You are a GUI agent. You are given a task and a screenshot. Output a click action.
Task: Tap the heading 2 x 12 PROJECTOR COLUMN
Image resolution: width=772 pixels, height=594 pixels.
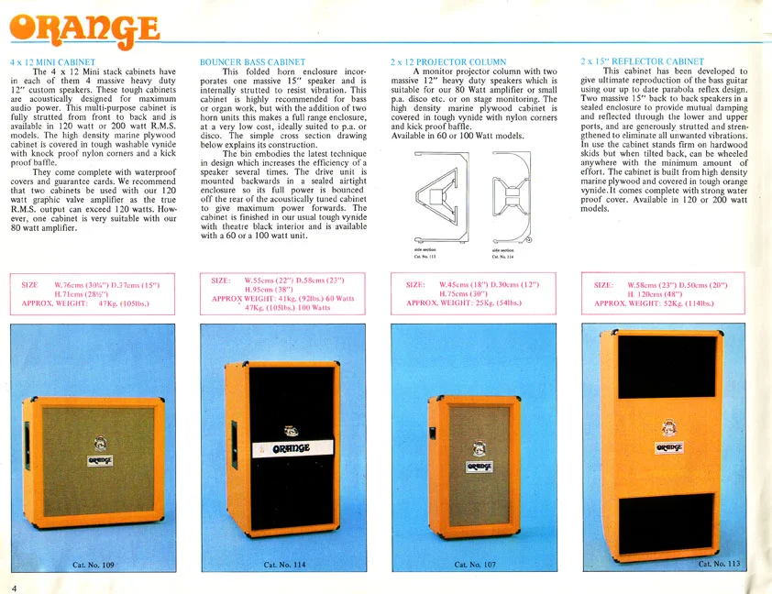[x=436, y=62]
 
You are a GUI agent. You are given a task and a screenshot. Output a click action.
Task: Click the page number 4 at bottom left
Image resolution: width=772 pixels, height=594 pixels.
[x=14, y=587]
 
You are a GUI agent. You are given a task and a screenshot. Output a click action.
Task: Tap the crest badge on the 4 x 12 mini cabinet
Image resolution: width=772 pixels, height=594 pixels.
[x=102, y=441]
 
